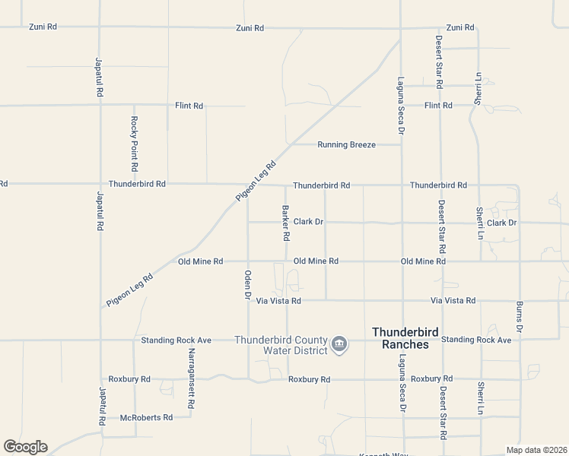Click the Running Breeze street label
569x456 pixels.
346,144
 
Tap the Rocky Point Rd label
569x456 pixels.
135,144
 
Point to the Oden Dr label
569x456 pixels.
248,284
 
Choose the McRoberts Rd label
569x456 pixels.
147,417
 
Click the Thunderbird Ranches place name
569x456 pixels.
400,338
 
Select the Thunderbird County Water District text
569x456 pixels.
281,345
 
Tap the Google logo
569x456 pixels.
25,447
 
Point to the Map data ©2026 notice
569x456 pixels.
536,450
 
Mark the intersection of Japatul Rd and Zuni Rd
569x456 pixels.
99,27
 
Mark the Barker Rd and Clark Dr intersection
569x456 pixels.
286,223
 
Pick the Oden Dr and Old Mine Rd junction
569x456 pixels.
248,261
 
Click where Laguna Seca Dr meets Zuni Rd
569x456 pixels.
401,28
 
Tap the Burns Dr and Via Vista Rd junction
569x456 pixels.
520,300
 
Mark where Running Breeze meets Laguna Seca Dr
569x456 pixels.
401,144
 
